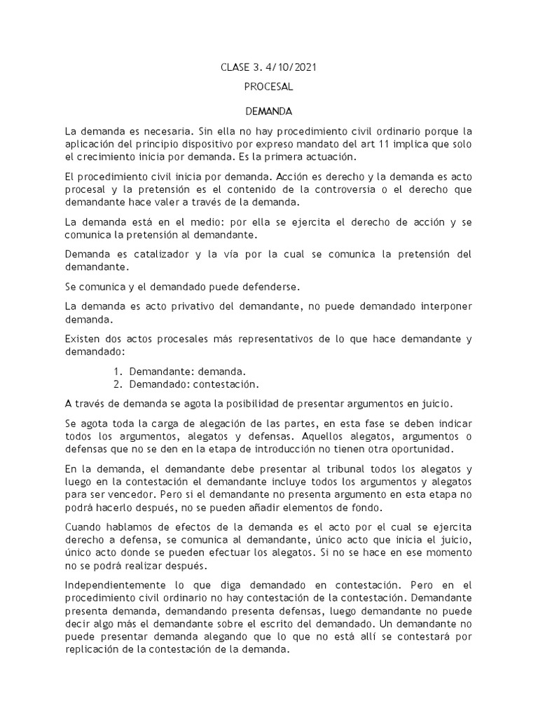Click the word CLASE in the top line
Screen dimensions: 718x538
(x=236, y=67)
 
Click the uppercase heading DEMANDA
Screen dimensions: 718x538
(x=268, y=111)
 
